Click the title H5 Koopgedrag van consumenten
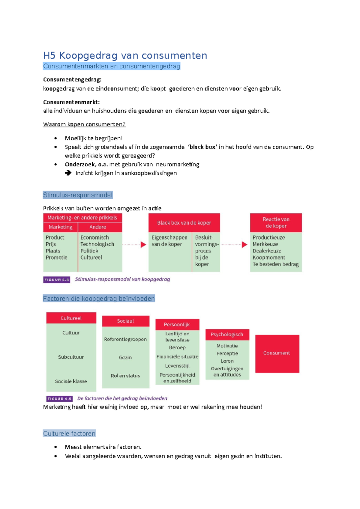125,55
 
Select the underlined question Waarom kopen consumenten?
84,124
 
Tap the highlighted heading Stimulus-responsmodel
78,195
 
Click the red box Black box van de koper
184,223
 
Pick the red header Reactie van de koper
276,223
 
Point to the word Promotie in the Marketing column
56,257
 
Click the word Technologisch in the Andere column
97,244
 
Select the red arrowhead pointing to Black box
143,245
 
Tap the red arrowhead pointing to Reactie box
244,245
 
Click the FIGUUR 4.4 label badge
57,280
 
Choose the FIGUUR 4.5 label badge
59,399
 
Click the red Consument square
277,353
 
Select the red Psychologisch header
227,335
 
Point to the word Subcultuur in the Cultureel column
71,357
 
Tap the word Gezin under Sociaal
125,357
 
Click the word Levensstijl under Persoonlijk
177,366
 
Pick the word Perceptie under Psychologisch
227,353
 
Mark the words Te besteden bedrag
275,264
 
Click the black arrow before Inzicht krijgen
68,173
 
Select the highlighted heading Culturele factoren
69,433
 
